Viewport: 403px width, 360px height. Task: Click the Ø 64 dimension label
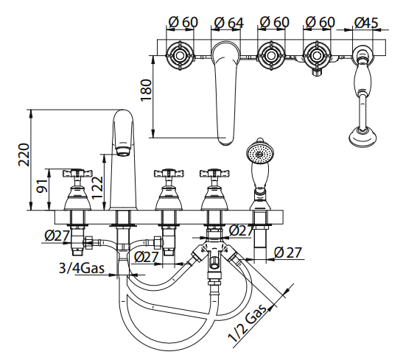228,23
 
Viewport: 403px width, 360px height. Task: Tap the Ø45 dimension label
366,23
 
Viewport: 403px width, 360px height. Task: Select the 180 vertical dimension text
147,90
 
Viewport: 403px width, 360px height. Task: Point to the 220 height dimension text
24,155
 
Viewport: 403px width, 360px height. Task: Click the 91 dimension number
42,186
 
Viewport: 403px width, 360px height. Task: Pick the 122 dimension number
98,188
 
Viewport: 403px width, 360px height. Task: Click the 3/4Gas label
82,268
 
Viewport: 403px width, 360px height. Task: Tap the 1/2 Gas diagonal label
248,322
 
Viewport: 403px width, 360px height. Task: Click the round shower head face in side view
259,154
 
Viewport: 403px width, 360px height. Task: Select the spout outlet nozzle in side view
123,151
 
